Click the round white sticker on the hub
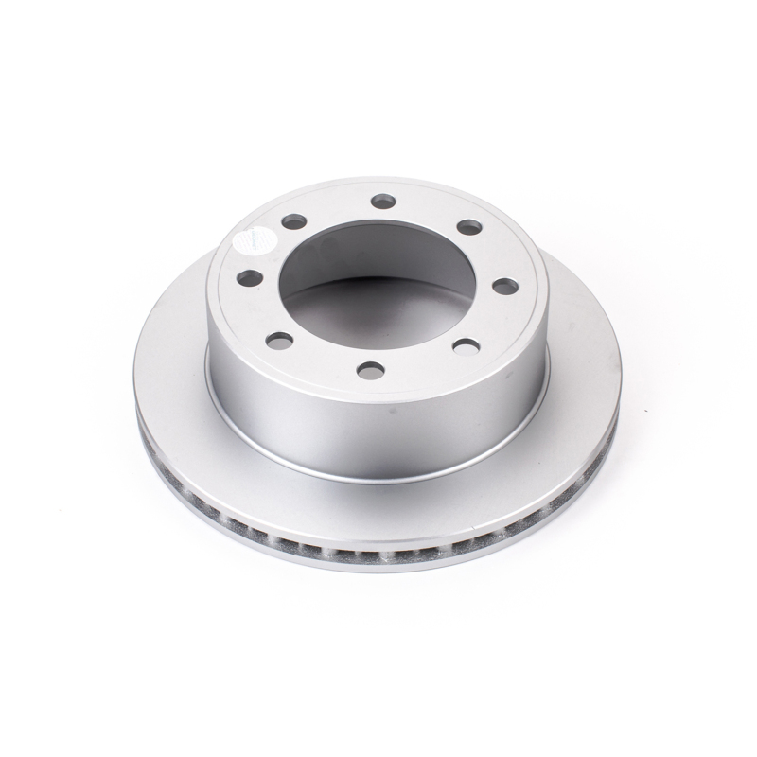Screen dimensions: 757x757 pos(251,241)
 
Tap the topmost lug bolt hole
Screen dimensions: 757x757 pos(382,201)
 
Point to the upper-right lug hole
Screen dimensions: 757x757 pos(466,227)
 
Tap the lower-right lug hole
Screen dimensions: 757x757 pos(463,346)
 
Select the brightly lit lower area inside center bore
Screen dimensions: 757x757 pos(378,322)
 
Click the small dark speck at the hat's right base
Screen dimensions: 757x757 pos(527,397)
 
